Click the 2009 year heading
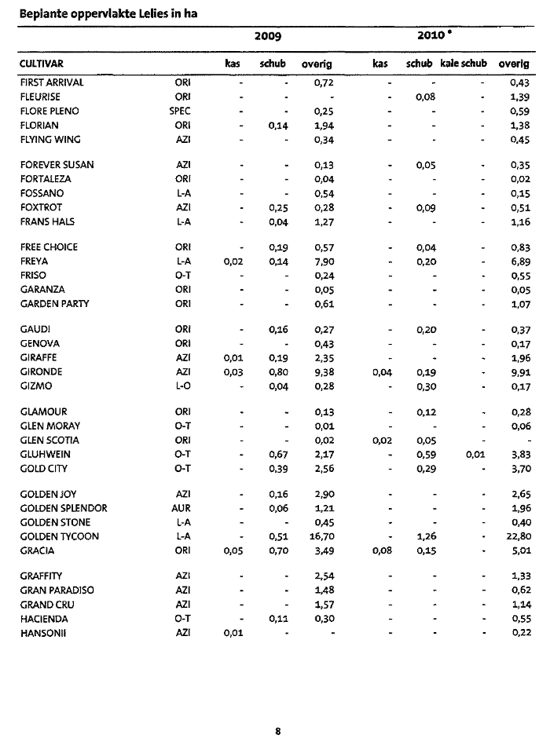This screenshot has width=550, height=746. (x=268, y=37)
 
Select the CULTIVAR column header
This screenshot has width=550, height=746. (x=42, y=64)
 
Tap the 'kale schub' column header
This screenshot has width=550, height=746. (x=463, y=64)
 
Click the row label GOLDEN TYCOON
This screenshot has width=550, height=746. (x=60, y=536)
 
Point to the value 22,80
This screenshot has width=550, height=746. (x=518, y=536)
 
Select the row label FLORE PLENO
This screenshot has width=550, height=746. (x=49, y=111)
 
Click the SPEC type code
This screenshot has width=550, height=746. (x=180, y=111)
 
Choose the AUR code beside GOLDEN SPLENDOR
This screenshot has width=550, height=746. (x=180, y=508)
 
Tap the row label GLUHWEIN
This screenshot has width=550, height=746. (x=44, y=455)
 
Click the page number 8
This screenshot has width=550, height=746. (x=277, y=731)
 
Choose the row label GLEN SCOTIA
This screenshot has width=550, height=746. (x=49, y=441)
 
